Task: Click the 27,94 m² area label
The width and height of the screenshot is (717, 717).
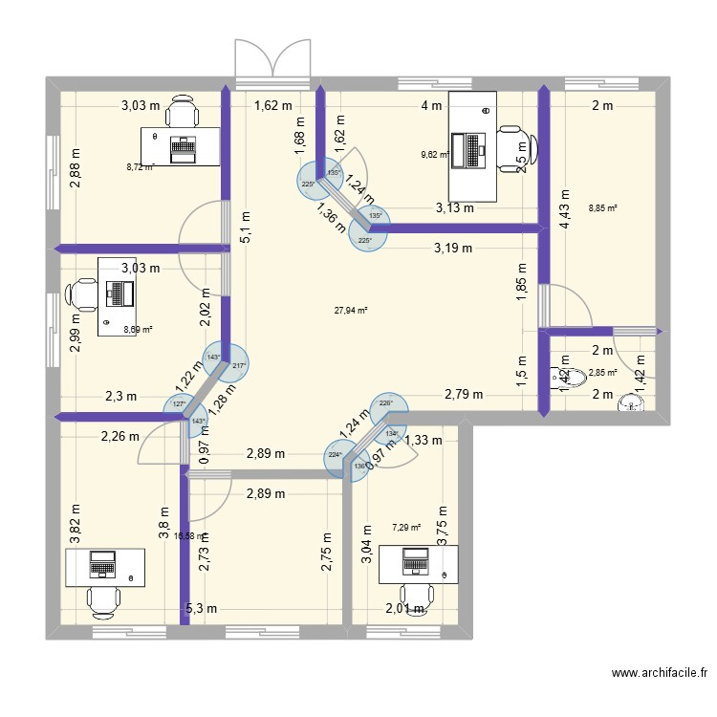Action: (x=351, y=310)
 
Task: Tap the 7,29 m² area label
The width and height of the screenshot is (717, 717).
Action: (x=406, y=526)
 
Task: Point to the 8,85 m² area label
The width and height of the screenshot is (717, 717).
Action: (x=603, y=206)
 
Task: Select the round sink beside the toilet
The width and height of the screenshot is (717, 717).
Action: (x=631, y=405)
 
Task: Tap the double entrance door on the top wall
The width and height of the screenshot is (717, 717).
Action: (x=272, y=62)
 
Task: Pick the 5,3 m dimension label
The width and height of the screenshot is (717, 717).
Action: (x=202, y=608)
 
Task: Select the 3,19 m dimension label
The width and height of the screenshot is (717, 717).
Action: (x=453, y=249)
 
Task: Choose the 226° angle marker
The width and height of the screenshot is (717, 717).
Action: (x=385, y=403)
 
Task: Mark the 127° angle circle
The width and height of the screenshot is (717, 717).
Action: (x=177, y=404)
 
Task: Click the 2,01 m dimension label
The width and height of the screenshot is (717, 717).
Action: (x=404, y=609)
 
